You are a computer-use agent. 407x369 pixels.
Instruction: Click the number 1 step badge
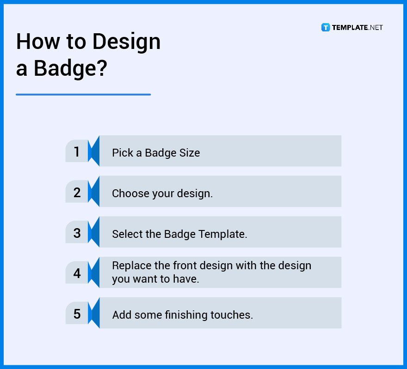[77, 152]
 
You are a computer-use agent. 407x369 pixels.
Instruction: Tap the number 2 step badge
[77, 193]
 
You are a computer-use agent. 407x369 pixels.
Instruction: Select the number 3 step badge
[77, 233]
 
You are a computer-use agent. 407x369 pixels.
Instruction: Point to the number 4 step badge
[77, 274]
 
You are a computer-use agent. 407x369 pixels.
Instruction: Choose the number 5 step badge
[77, 315]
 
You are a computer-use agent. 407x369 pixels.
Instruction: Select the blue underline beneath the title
[83, 95]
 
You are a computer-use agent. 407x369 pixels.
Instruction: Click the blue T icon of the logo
[326, 28]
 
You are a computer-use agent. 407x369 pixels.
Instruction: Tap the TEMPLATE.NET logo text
[357, 28]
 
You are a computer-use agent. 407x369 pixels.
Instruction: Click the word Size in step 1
[189, 153]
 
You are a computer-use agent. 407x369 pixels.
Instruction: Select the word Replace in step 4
[131, 266]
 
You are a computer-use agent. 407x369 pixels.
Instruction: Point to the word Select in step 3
[126, 234]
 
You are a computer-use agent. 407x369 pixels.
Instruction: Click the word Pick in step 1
[122, 153]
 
